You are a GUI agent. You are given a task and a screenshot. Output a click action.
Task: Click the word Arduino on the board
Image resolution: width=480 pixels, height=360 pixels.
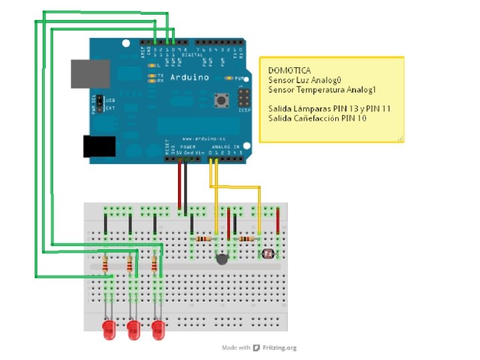tap(190, 78)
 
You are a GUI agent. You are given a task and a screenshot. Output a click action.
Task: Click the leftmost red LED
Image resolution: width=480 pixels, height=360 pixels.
tap(109, 328)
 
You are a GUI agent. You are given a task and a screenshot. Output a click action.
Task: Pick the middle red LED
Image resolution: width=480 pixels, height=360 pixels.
tap(133, 328)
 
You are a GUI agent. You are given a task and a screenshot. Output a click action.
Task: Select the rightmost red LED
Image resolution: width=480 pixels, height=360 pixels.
tap(158, 328)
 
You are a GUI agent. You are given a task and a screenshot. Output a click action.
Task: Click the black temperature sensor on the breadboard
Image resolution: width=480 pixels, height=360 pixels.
tap(222, 259)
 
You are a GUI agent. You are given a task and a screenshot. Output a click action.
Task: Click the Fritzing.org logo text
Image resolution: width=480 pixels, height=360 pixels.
tap(279, 348)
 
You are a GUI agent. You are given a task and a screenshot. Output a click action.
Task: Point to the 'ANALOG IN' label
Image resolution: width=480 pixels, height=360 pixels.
tap(225, 146)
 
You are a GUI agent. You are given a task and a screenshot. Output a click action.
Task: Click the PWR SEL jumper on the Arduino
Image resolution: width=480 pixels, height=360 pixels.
tap(99, 103)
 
